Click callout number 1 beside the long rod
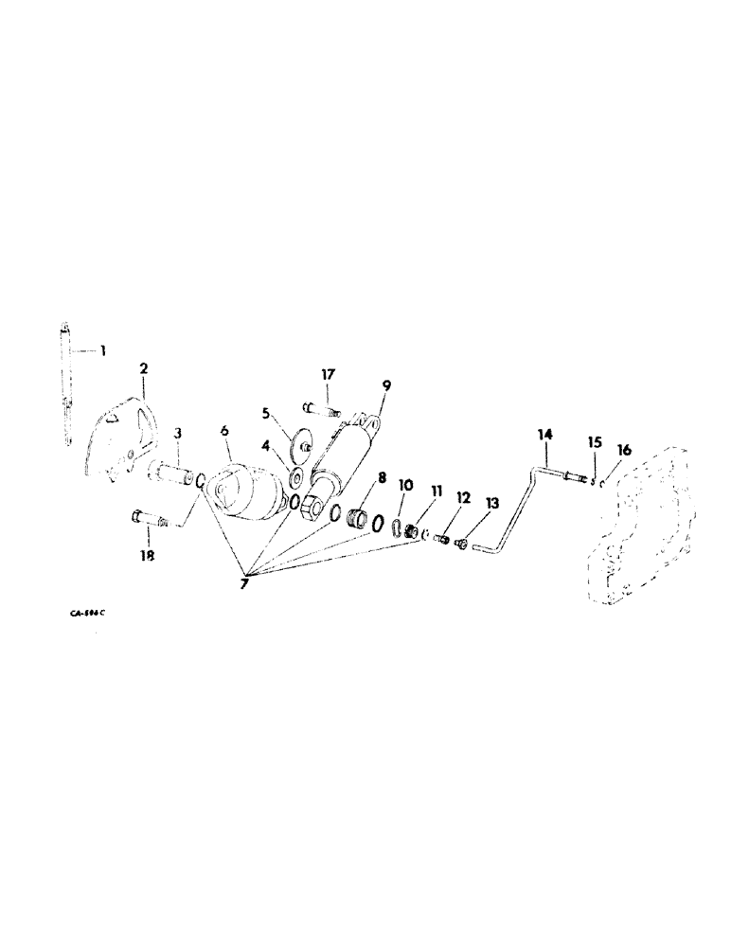click(102, 351)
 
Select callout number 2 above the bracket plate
click(144, 368)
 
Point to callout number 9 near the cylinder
click(387, 385)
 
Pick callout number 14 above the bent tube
click(544, 435)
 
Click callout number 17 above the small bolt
click(326, 375)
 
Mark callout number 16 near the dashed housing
click(622, 449)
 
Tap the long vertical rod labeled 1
click(67, 388)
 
